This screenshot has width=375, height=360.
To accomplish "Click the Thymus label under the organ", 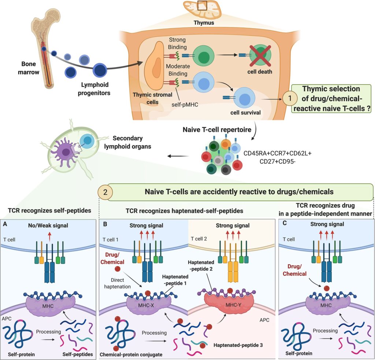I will (x=204, y=23).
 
